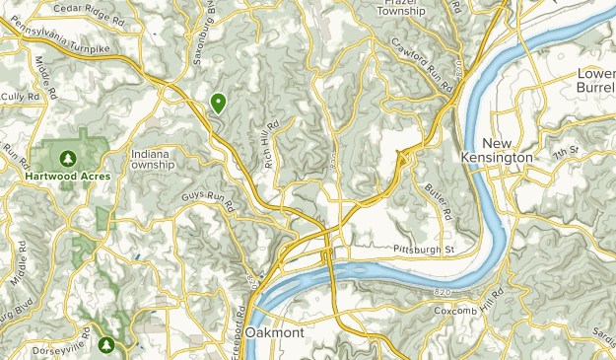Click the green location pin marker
click(217, 102)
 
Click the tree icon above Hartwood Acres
click(67, 158)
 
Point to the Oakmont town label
click(276, 333)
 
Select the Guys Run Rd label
click(206, 201)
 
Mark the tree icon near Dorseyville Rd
click(106, 344)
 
